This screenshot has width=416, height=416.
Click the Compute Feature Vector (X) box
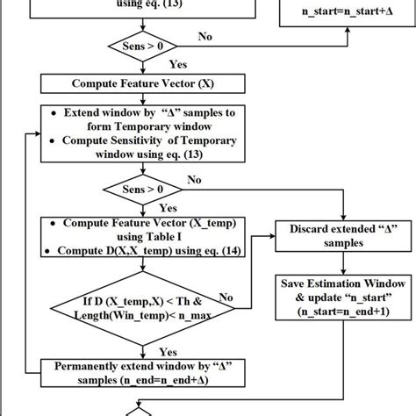click(141, 84)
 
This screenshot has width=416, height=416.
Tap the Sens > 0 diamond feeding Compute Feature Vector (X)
click(141, 45)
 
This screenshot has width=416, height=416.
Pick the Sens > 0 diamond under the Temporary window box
click(141, 189)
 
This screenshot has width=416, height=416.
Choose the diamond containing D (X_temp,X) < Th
click(141, 310)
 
